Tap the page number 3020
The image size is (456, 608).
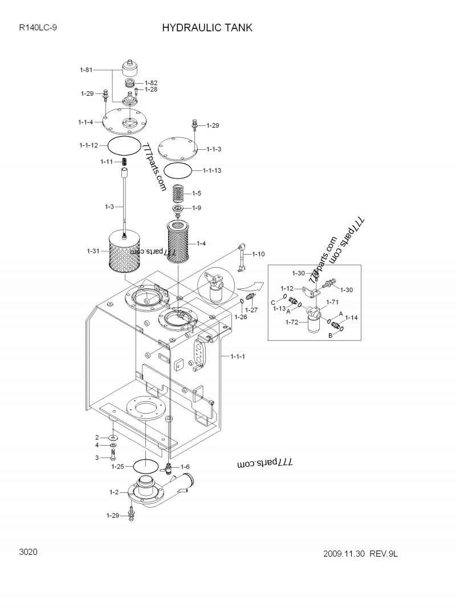pos(28,552)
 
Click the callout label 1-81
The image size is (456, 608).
pos(86,70)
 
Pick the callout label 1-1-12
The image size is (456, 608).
pos(88,145)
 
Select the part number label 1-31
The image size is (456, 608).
pos(93,251)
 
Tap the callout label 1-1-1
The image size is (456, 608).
pos(238,356)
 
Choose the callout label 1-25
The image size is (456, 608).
pos(117,467)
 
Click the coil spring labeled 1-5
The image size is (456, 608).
pos(180,195)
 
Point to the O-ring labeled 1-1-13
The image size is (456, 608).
pos(177,170)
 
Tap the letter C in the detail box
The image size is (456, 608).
pos(272,302)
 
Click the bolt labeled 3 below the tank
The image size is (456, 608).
pos(113,455)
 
